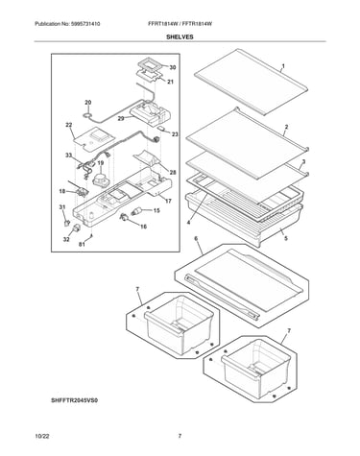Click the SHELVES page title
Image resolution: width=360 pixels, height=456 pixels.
[180, 36]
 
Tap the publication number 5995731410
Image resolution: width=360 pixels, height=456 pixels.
[84, 24]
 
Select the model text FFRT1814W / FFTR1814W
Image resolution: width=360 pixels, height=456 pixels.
[180, 24]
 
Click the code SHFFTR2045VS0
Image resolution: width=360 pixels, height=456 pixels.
[75, 400]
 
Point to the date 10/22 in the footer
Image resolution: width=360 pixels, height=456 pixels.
[42, 436]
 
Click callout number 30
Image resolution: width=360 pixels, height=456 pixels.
[173, 67]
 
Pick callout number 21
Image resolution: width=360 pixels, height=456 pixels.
[170, 82]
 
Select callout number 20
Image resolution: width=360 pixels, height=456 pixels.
[88, 103]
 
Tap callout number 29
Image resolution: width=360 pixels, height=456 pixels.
[121, 118]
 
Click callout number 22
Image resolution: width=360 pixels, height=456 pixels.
[69, 125]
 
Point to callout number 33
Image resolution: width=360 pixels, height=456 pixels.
[69, 156]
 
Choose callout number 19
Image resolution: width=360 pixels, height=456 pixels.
[101, 163]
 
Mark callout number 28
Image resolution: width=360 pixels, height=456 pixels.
[173, 173]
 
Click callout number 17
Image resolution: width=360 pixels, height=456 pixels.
[168, 201]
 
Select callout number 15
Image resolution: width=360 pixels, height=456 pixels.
[156, 210]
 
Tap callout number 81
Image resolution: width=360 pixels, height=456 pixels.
[82, 245]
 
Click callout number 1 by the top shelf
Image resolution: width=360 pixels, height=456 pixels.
[283, 66]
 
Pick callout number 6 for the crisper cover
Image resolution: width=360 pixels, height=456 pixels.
[196, 239]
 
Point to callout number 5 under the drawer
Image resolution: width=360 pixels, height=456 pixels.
[286, 238]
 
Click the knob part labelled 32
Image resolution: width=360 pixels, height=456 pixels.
[77, 228]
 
